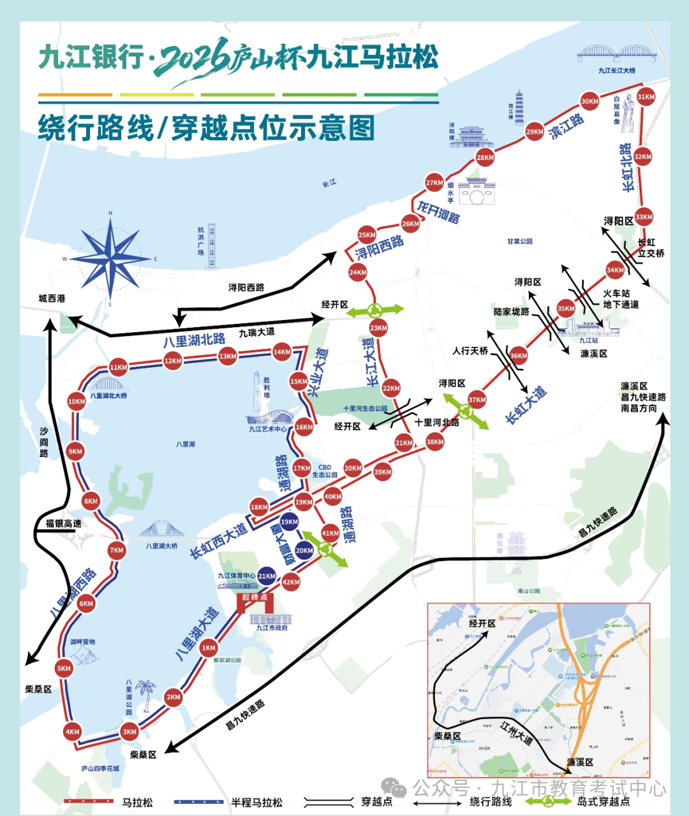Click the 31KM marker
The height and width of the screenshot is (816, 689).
click(x=646, y=97)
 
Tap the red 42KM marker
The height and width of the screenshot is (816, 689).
click(x=291, y=581)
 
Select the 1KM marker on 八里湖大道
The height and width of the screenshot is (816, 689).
click(x=209, y=648)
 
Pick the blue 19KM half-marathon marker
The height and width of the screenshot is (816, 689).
click(x=289, y=521)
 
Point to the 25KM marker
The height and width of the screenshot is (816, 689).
click(x=367, y=235)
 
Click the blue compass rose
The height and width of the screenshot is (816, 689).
click(x=110, y=258)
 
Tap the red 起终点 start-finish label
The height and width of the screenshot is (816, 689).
click(x=255, y=597)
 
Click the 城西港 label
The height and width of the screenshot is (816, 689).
click(x=52, y=298)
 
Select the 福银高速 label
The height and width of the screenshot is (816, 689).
click(x=63, y=523)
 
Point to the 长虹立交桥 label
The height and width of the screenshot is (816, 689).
click(x=651, y=248)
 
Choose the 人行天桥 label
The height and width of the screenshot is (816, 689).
click(x=470, y=351)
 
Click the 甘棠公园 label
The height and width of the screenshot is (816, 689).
click(x=519, y=242)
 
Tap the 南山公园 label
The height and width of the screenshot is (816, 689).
click(x=529, y=591)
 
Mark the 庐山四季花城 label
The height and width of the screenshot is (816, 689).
click(x=100, y=768)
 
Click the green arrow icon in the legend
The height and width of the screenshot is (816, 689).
click(x=548, y=801)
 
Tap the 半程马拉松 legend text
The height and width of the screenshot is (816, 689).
click(x=256, y=803)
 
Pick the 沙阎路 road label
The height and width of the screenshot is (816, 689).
click(x=43, y=442)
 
